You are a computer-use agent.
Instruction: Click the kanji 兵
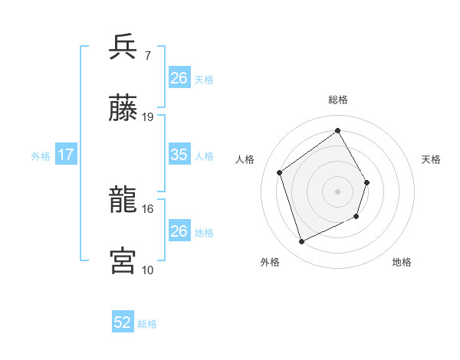click(123, 48)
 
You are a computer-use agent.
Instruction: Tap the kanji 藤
click(123, 109)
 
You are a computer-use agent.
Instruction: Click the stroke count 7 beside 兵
click(147, 56)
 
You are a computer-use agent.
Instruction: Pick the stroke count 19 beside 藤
click(148, 116)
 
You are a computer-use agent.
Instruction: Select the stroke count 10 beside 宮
click(148, 269)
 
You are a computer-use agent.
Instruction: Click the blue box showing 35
click(179, 155)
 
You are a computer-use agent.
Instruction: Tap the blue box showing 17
click(65, 155)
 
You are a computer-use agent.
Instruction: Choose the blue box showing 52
click(123, 323)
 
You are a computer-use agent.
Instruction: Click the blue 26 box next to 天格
click(179, 77)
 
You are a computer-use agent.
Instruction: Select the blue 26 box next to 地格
click(179, 231)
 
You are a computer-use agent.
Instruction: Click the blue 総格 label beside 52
click(146, 324)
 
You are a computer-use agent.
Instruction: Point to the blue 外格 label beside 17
click(41, 155)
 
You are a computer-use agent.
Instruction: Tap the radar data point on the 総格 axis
click(337, 130)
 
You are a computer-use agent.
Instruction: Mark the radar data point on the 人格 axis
click(280, 172)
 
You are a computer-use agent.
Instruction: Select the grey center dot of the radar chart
click(337, 191)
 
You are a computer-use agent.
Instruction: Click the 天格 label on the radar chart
click(431, 159)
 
